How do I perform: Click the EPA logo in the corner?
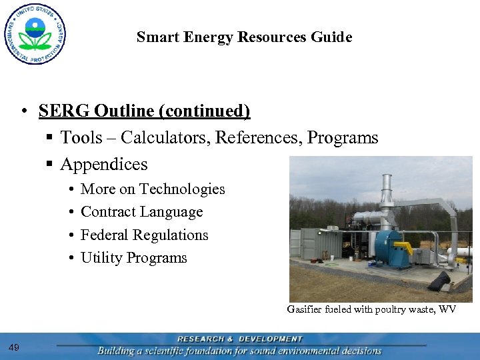point(35,33)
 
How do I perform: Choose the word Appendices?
point(103,164)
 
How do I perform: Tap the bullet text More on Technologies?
point(153,189)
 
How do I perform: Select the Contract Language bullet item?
point(141,212)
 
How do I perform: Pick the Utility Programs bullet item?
point(133,258)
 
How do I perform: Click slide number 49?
point(15,347)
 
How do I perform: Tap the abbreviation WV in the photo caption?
point(447,309)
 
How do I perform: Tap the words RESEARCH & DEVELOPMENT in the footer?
point(239,339)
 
